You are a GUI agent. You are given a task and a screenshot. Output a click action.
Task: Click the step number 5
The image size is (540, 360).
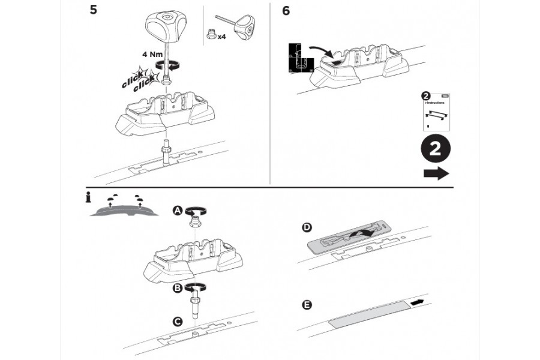pyautogui.click(x=94, y=11)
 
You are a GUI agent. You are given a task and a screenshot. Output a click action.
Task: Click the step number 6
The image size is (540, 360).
pyautogui.click(x=286, y=11)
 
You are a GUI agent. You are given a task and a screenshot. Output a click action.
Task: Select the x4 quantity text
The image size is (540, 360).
pyautogui.click(x=221, y=37)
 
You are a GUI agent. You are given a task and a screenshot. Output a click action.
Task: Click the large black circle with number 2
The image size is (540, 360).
pyautogui.click(x=436, y=148)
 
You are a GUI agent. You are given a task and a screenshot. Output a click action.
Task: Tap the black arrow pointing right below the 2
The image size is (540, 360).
pyautogui.click(x=436, y=174)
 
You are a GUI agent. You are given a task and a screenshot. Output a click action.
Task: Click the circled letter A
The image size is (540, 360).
pyautogui.click(x=178, y=210)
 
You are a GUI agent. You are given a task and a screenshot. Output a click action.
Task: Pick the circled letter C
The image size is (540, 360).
pyautogui.click(x=178, y=322)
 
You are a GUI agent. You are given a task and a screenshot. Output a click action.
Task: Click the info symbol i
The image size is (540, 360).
pyautogui.click(x=88, y=196)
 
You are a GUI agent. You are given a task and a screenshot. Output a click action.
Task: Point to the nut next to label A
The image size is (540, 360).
pyautogui.click(x=195, y=221)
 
